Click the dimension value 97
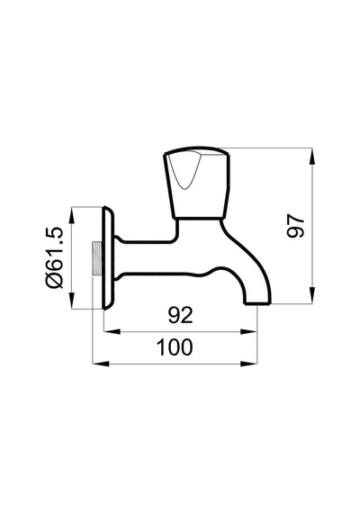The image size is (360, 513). [295, 226]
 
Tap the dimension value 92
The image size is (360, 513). [181, 315]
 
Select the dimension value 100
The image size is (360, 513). [175, 347]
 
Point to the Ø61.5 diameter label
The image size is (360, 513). [54, 257]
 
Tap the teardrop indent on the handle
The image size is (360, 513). [184, 171]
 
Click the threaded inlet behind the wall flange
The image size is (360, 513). [96, 258]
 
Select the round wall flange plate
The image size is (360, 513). [108, 257]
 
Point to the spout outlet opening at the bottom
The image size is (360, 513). [258, 303]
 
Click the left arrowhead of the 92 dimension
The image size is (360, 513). [112, 332]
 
